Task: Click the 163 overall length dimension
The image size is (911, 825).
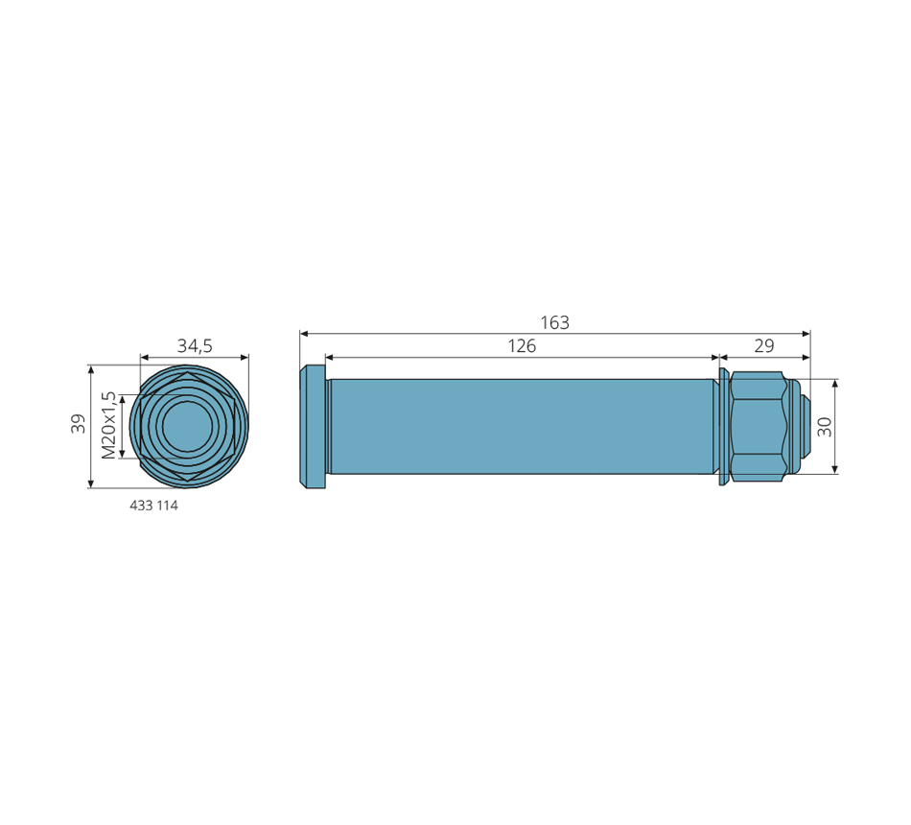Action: tap(555, 322)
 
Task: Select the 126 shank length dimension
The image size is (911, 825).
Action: tap(522, 346)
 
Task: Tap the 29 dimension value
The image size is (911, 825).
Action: tap(764, 346)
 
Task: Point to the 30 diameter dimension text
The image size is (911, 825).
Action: tap(824, 427)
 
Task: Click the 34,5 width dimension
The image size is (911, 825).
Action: tap(195, 346)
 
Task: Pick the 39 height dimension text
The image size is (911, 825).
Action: tap(78, 423)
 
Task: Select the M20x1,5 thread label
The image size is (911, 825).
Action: tap(108, 425)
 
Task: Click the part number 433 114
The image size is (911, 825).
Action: tap(153, 506)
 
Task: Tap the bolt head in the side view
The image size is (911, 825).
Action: tap(313, 427)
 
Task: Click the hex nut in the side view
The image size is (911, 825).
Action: tap(759, 427)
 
